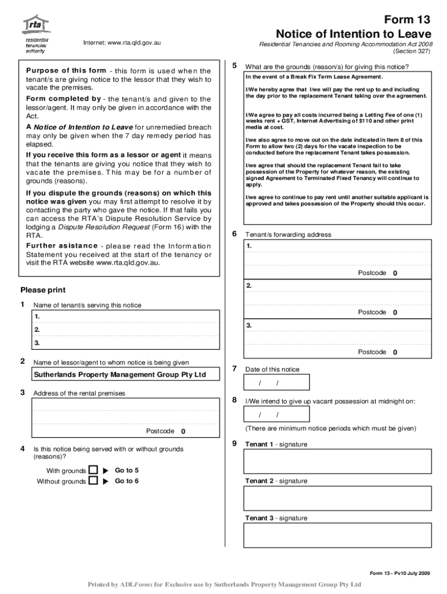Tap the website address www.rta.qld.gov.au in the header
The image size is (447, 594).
pyautogui.click(x=122, y=43)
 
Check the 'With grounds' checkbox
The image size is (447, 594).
pyautogui.click(x=93, y=470)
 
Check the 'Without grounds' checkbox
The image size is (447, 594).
pyautogui.click(x=93, y=481)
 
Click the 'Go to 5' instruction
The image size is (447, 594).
pyautogui.click(x=127, y=470)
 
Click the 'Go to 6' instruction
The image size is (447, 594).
pyautogui.click(x=127, y=481)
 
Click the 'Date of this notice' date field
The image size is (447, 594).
pyautogui.click(x=277, y=382)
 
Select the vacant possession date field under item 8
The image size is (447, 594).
pyautogui.click(x=277, y=414)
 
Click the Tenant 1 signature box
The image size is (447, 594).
pyautogui.click(x=338, y=461)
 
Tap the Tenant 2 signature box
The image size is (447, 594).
pyautogui.click(x=338, y=498)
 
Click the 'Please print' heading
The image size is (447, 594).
pyautogui.click(x=43, y=290)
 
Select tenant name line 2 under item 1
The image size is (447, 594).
pyautogui.click(x=125, y=329)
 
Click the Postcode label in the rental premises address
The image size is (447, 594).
pyautogui.click(x=160, y=431)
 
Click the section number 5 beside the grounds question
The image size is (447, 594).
pyautogui.click(x=234, y=66)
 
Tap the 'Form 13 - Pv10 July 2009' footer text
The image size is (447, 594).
pyautogui.click(x=400, y=573)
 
